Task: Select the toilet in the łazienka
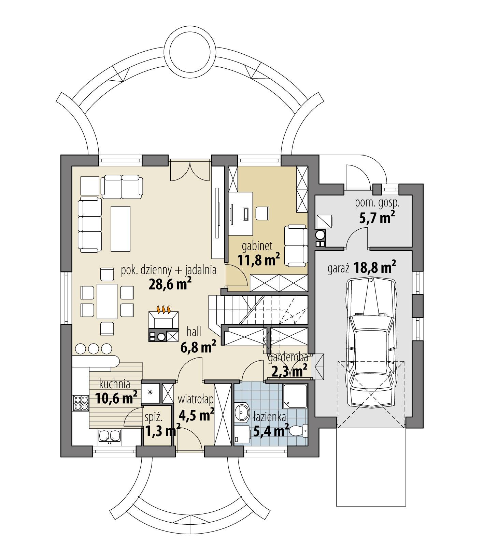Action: click(x=297, y=431)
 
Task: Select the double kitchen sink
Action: click(x=110, y=436)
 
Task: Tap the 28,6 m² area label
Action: click(x=170, y=283)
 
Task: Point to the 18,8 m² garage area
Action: click(x=375, y=268)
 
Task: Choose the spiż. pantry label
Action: click(x=153, y=417)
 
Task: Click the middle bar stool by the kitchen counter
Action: click(x=93, y=349)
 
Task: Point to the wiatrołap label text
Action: click(x=196, y=399)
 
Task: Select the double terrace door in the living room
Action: click(x=190, y=171)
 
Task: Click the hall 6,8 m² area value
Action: click(x=198, y=347)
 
